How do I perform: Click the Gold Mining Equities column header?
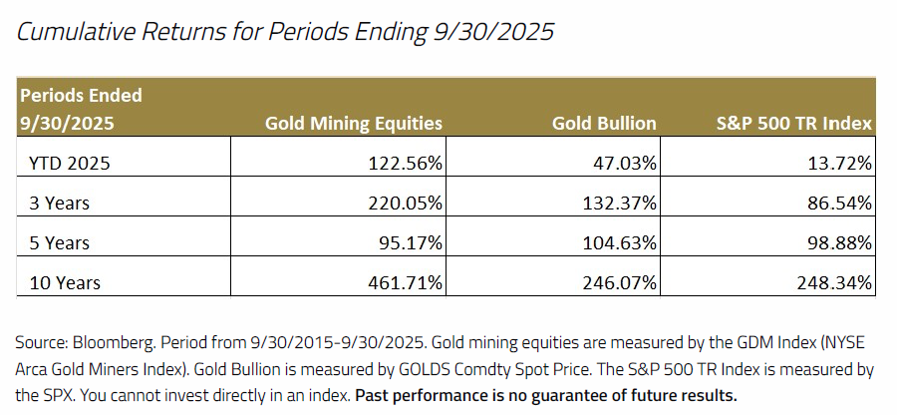[x=354, y=124]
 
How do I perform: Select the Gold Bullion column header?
[x=604, y=124]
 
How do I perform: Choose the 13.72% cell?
[x=839, y=162]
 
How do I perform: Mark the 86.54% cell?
[x=839, y=203]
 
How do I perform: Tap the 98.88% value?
[x=839, y=242]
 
